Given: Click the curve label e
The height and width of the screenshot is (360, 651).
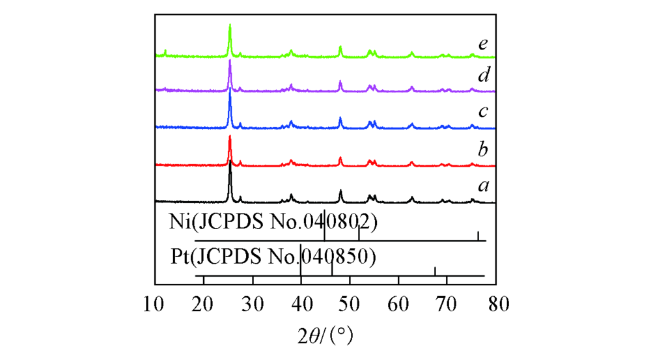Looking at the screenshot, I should click(x=482, y=44).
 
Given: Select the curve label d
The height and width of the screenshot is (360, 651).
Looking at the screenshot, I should click(x=482, y=76).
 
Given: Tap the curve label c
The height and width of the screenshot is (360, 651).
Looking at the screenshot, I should click(x=482, y=112).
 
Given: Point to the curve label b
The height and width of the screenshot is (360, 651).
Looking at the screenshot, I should click(x=482, y=150).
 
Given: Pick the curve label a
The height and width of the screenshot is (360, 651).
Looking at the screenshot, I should click(x=482, y=186).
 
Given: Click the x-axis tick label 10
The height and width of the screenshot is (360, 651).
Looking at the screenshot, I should click(x=155, y=303).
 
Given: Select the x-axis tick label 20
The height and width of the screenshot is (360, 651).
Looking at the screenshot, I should click(x=204, y=303).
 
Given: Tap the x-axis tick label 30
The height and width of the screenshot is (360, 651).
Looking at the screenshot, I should click(x=253, y=303).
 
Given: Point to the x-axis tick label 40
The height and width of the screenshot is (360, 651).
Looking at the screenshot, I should click(x=301, y=303).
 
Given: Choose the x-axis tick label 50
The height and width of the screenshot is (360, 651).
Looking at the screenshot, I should click(x=350, y=303).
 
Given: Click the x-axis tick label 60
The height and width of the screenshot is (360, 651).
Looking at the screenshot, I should click(x=398, y=303).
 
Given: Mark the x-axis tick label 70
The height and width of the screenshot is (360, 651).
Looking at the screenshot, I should click(x=447, y=303).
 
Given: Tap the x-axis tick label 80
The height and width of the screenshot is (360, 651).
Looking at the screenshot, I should click(x=495, y=303).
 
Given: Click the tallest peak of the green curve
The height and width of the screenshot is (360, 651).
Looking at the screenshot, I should click(x=230, y=26).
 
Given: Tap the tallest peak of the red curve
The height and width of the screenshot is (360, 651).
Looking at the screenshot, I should click(x=230, y=136).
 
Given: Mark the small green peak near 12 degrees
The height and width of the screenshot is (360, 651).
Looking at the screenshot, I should click(x=165, y=51).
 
